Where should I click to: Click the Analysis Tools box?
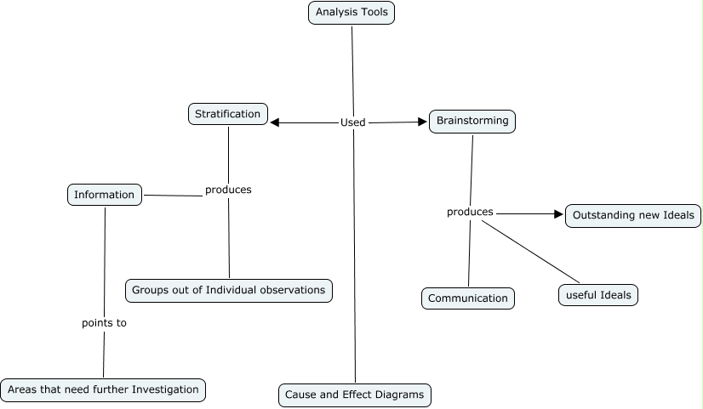point(351,13)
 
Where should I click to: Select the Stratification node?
point(228,114)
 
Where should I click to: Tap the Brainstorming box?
point(472,121)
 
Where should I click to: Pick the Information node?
point(105,195)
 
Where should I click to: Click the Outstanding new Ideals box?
point(634,215)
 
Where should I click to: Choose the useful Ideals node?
point(598,295)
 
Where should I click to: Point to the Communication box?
point(468,298)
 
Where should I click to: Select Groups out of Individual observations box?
point(229,290)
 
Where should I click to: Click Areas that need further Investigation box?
point(103,389)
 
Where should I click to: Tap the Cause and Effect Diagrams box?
point(355,395)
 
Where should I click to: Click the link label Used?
point(352,122)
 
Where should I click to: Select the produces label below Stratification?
point(228,190)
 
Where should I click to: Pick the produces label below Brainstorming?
point(470,212)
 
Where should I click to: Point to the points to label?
point(104,323)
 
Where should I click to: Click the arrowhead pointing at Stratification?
point(275,122)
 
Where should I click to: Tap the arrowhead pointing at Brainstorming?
point(422,122)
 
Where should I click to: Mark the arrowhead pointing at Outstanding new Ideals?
point(559,213)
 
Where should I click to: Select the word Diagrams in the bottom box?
point(398,395)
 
